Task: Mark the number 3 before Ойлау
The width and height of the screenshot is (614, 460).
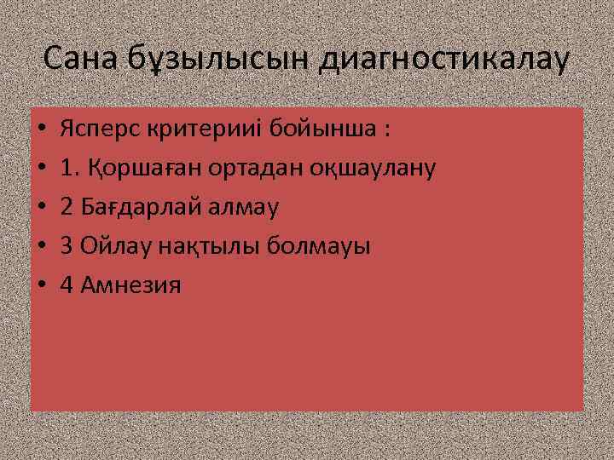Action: click(67, 246)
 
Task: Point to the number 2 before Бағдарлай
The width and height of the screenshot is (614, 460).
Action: click(67, 207)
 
